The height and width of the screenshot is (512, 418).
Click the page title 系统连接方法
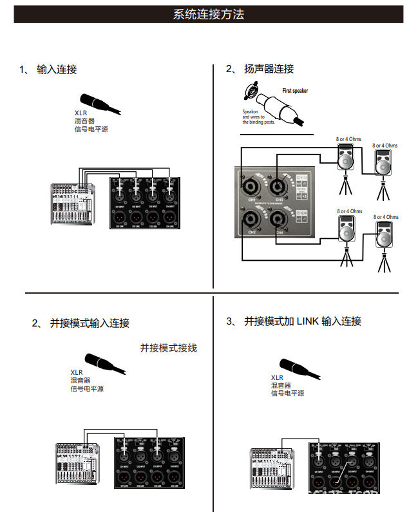click(x=209, y=14)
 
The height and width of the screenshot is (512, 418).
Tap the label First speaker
click(x=295, y=91)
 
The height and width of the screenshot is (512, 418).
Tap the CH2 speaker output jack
click(x=250, y=220)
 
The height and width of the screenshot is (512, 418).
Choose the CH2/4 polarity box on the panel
click(x=303, y=216)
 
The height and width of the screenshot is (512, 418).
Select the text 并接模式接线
click(x=169, y=348)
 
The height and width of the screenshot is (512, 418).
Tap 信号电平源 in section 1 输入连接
click(x=91, y=129)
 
